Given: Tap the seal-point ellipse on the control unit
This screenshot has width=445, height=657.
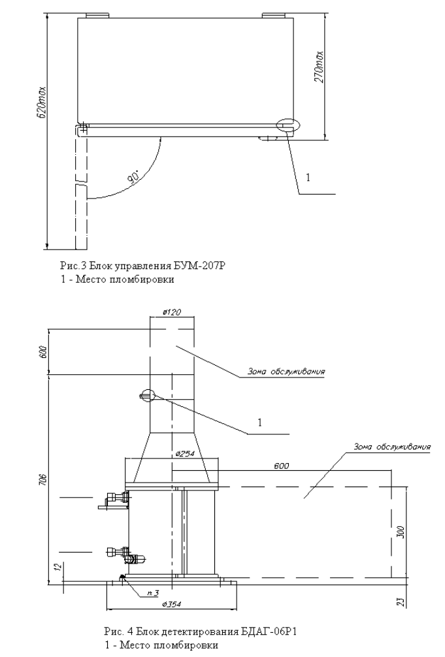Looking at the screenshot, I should tap(286, 126).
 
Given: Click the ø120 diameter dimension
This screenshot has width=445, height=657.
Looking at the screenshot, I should tap(173, 312).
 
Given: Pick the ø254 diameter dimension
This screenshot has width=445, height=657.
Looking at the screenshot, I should tap(183, 453).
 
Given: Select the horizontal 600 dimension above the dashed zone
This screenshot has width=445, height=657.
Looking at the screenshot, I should tap(282, 466).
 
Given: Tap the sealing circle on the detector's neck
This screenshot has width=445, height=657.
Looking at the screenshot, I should tap(145, 394).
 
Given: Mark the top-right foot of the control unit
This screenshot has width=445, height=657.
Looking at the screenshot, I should tap(271, 14).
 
